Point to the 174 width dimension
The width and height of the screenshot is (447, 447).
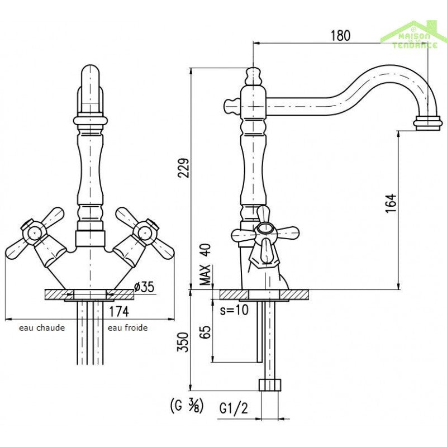tap(118, 312)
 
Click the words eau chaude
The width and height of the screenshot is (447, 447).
tap(42, 327)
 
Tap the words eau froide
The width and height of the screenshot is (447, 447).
tap(128, 327)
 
